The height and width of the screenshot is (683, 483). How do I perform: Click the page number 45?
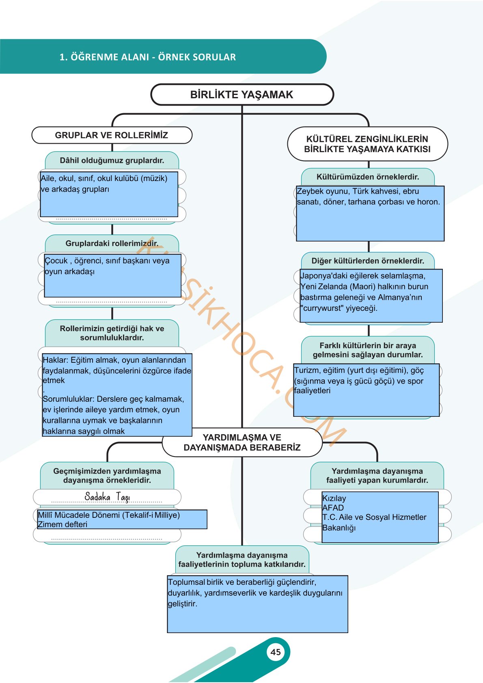[x=275, y=652]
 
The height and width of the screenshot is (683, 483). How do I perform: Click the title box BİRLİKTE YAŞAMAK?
[x=242, y=95]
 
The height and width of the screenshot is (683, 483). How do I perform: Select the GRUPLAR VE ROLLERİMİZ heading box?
[x=112, y=135]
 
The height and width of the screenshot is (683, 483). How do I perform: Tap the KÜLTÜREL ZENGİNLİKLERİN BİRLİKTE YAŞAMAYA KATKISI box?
[x=367, y=144]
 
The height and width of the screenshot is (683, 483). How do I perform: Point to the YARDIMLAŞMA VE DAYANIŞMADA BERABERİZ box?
[x=242, y=442]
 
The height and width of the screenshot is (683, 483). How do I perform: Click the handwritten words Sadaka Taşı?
[x=107, y=497]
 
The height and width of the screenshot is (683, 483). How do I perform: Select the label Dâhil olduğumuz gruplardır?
[x=112, y=160]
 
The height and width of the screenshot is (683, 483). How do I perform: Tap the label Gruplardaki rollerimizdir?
[x=112, y=243]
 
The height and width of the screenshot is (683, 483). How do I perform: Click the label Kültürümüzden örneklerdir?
[x=368, y=177]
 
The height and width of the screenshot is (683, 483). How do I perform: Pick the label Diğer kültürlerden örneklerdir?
[x=368, y=261]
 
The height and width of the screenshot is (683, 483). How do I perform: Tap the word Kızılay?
[x=334, y=498]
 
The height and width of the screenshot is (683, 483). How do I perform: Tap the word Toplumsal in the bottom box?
[x=186, y=582]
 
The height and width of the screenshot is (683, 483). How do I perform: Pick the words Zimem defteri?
[x=62, y=524]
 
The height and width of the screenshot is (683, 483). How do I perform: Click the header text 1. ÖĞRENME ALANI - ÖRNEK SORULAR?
[x=148, y=57]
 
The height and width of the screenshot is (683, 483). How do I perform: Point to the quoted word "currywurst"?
[x=322, y=308]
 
